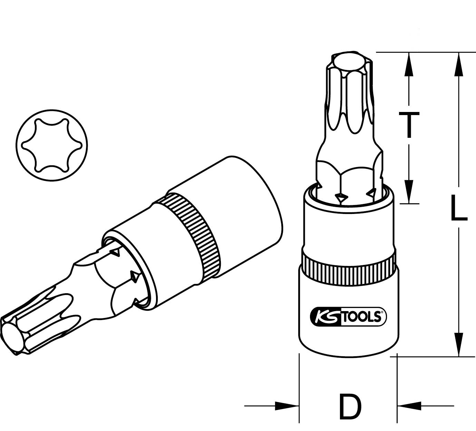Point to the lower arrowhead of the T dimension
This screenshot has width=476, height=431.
(x=409, y=191)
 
